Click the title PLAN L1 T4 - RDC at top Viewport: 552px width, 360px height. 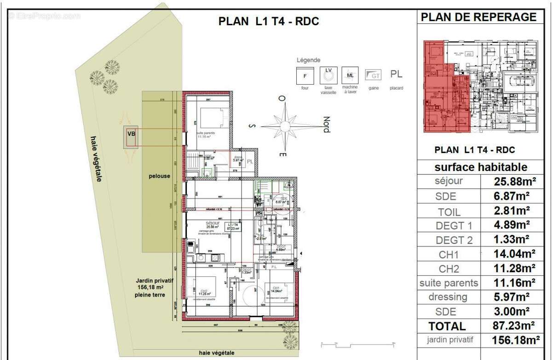(x=268, y=21)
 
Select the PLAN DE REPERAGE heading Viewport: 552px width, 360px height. (x=478, y=17)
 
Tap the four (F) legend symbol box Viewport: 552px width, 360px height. (x=304, y=76)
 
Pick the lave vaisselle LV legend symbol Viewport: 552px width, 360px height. (x=328, y=75)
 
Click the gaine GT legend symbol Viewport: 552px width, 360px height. (x=373, y=75)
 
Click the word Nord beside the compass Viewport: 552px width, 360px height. (x=326, y=125)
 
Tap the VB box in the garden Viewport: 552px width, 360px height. (x=131, y=135)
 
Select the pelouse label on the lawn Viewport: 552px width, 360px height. (x=159, y=176)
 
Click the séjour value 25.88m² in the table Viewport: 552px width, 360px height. (x=514, y=182)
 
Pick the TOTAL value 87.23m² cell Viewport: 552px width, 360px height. (x=514, y=326)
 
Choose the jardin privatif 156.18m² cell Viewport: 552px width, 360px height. (x=514, y=341)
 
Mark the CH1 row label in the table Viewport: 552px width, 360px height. (x=448, y=254)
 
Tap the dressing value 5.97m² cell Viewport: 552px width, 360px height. (x=514, y=297)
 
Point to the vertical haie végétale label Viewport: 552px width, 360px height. (x=96, y=159)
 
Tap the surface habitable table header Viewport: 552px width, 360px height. (x=481, y=167)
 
